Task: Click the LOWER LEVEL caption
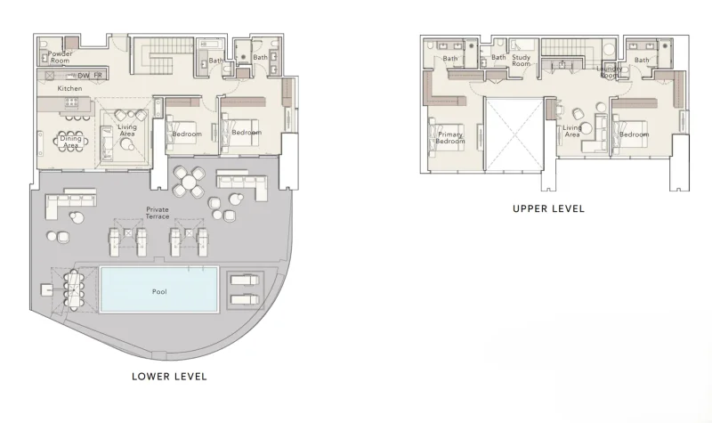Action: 169,377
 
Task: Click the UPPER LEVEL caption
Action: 548,209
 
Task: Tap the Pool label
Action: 159,291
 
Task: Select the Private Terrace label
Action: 158,213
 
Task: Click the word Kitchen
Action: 70,89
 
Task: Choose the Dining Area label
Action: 70,142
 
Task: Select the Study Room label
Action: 522,61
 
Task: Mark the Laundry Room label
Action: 610,71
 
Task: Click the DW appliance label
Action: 84,77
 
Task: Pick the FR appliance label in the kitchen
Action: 99,77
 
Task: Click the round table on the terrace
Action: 189,183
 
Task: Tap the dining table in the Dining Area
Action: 69,139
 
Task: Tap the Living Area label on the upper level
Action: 572,131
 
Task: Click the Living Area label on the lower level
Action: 127,131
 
